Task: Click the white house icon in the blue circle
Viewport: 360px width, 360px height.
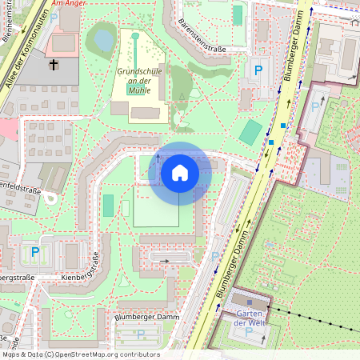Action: [x=180, y=173]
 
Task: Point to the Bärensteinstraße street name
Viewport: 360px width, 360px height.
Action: [x=202, y=35]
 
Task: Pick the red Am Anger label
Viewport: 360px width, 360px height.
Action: [x=66, y=4]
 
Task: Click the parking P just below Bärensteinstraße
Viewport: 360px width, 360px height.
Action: [x=258, y=70]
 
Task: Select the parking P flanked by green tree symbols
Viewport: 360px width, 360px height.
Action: [x=34, y=253]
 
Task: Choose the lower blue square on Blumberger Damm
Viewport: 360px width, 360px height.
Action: [x=271, y=142]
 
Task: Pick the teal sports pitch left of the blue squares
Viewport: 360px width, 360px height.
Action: [x=251, y=132]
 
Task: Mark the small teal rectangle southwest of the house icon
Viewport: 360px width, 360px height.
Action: [x=108, y=206]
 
